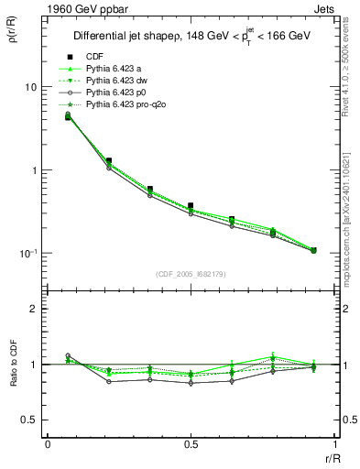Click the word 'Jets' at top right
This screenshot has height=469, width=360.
(324, 8)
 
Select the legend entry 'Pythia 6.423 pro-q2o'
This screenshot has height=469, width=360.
(128, 105)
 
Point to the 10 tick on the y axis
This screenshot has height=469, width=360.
(29, 87)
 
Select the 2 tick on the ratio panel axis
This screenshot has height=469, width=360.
(34, 310)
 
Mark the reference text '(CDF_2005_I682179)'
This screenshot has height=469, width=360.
(191, 272)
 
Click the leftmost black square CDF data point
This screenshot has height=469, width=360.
(69, 115)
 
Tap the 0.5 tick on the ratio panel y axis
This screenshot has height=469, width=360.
(29, 420)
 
